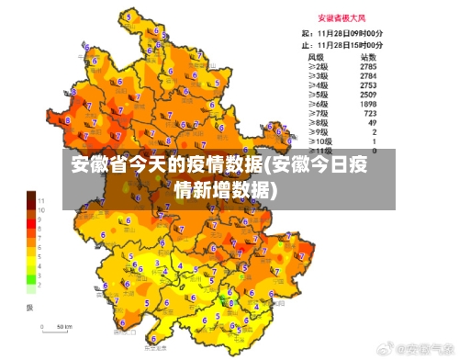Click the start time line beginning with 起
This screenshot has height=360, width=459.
(342, 33)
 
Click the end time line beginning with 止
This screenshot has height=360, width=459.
(342, 43)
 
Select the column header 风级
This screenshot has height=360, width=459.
(318, 56)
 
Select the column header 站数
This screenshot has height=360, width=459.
(369, 56)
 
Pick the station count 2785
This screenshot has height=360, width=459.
(368, 66)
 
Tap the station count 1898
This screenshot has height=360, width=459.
(368, 104)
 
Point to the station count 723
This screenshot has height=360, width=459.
(370, 113)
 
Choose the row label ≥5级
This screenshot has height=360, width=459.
(318, 95)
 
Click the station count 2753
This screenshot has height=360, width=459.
(368, 85)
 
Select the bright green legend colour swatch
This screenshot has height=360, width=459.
(30, 277)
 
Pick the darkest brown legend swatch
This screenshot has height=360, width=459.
(30, 197)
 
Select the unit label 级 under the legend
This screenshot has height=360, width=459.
(29, 306)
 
